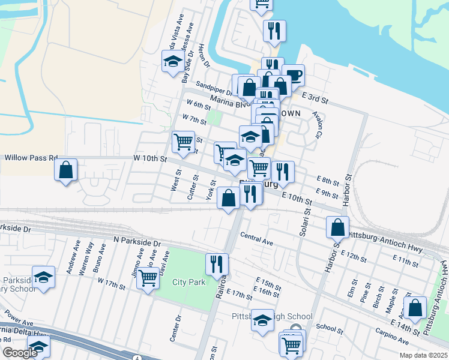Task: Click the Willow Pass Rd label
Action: [30, 158]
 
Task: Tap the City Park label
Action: [188, 282]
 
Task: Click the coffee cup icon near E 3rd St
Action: [294, 75]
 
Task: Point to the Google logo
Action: [19, 352]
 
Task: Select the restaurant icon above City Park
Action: [217, 263]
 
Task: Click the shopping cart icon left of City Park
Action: [148, 278]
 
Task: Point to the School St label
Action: [329, 328]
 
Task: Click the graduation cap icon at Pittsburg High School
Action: [262, 320]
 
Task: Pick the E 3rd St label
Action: [316, 97]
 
